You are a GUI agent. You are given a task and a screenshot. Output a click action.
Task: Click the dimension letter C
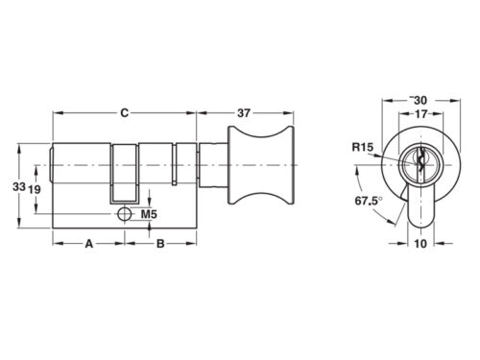(x=124, y=112)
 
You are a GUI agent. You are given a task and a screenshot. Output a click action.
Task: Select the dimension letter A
(x=88, y=244)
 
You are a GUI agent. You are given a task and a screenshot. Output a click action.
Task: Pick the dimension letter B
(x=160, y=244)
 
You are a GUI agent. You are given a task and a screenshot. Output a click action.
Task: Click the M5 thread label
(x=149, y=214)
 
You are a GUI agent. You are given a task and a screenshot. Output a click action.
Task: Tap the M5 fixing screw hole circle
(x=125, y=214)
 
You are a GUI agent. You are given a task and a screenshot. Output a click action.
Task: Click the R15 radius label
(x=362, y=147)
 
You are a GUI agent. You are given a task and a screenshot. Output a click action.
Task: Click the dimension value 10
(x=419, y=244)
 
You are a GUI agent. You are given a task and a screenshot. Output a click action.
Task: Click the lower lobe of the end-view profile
(x=419, y=206)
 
